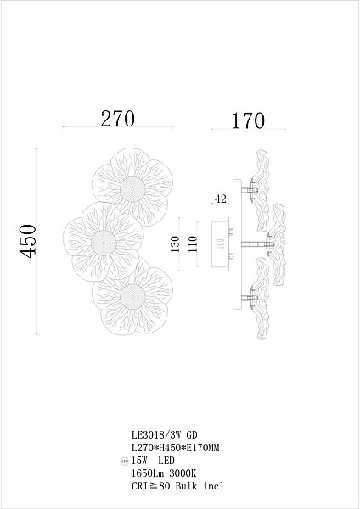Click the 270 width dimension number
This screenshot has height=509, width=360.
(x=117, y=119)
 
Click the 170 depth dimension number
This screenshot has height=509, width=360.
(x=248, y=120)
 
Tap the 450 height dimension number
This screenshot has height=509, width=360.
(x=27, y=241)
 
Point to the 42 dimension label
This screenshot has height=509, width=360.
(x=220, y=199)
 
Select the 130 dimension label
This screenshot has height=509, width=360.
(x=175, y=244)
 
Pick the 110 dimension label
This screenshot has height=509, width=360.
(x=193, y=244)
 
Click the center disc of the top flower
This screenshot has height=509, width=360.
(x=132, y=189)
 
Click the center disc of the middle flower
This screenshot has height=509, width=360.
(x=104, y=243)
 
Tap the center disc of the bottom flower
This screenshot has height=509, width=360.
(x=132, y=297)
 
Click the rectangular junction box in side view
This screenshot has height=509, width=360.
(x=221, y=244)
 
